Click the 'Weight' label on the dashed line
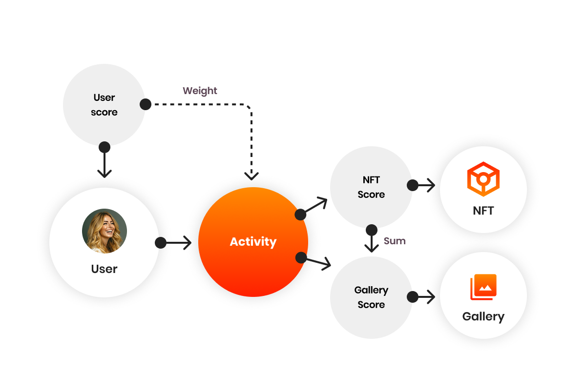[x=200, y=91]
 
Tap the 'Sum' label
[x=395, y=241]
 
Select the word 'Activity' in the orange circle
[x=253, y=242]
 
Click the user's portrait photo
[x=105, y=231]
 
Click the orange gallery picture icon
[x=483, y=288]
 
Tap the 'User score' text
[x=104, y=105]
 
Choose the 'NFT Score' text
[x=371, y=187]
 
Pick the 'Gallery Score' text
[x=371, y=297]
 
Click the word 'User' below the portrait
[x=105, y=269]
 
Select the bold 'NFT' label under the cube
[x=483, y=211]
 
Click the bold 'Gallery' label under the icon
[x=483, y=317]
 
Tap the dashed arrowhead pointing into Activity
[x=251, y=175]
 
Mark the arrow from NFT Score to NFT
[x=423, y=185]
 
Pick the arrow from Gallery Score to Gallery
[x=423, y=296]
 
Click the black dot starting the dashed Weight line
[x=145, y=104]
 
